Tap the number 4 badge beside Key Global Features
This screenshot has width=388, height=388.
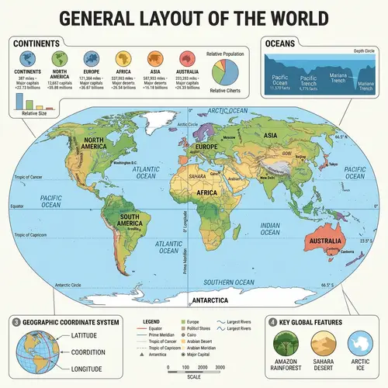click(272, 320)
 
